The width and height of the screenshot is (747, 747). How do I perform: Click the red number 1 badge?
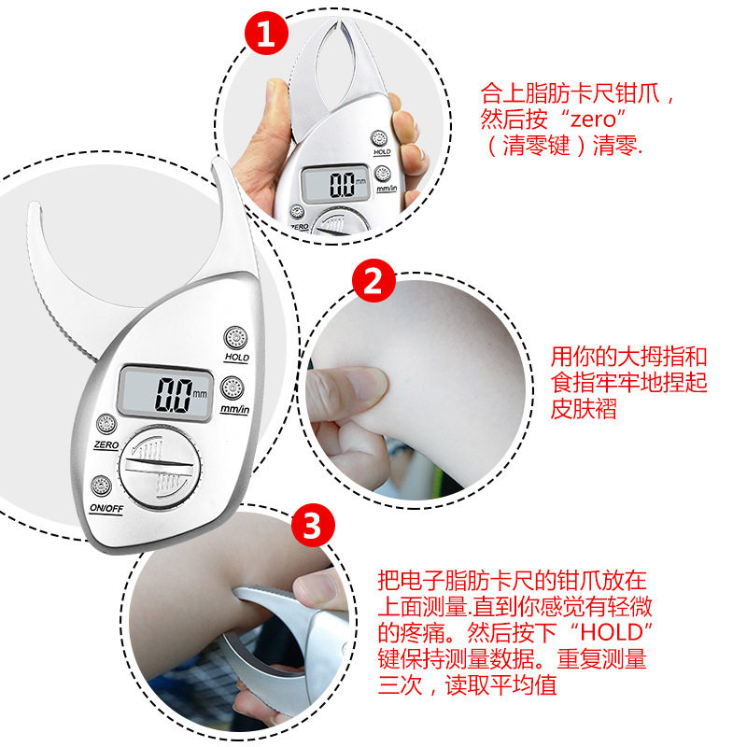pyautogui.click(x=266, y=34)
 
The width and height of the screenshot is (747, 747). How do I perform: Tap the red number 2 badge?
pyautogui.click(x=373, y=281)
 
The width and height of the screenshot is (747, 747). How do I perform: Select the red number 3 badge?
pyautogui.click(x=313, y=526)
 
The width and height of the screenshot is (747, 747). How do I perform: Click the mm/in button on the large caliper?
pyautogui.click(x=233, y=388)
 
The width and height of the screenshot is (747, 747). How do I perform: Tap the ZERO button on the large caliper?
pyautogui.click(x=106, y=424)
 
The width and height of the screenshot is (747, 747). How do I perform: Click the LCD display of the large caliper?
pyautogui.click(x=165, y=393)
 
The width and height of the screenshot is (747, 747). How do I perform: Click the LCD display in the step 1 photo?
pyautogui.click(x=336, y=184)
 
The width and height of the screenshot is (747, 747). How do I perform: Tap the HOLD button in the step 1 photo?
pyautogui.click(x=379, y=138)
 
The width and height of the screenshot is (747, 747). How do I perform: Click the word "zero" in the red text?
pyautogui.click(x=594, y=120)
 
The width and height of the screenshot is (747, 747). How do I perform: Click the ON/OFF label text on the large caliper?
pyautogui.click(x=106, y=508)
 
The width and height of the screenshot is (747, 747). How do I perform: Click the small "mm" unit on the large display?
pyautogui.click(x=200, y=393)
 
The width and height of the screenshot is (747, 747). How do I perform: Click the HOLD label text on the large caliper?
pyautogui.click(x=237, y=357)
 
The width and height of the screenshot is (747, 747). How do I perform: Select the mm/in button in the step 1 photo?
pyautogui.click(x=383, y=174)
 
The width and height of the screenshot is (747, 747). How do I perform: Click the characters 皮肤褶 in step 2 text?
pyautogui.click(x=584, y=409)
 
